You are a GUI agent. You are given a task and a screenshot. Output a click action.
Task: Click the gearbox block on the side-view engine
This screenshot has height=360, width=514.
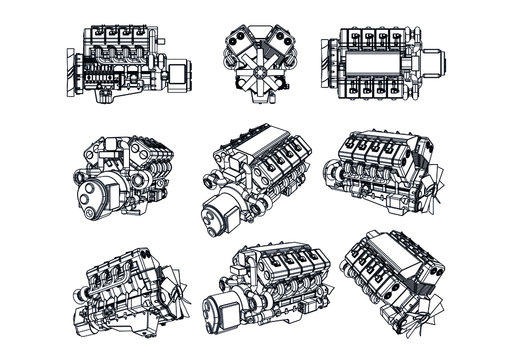[177, 75]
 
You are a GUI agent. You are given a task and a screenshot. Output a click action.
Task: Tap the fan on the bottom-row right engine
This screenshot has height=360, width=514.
[432, 300]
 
